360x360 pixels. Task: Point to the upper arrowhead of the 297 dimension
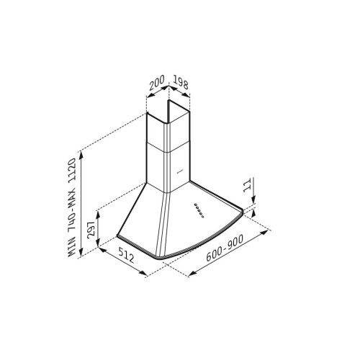point(97,209)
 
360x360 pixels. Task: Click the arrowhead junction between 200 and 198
point(169,89)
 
